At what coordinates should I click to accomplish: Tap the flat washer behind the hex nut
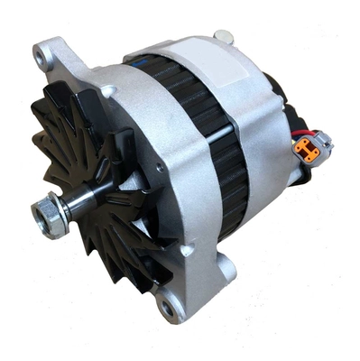coord(60,213)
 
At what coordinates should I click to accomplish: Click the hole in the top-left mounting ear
coord(40,57)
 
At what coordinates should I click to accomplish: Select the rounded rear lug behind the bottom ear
coord(226,265)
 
